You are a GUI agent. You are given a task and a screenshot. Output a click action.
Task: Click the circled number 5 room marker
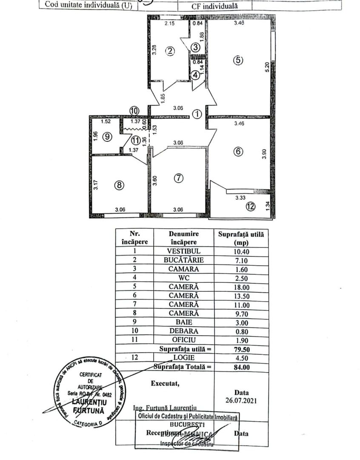[238, 60]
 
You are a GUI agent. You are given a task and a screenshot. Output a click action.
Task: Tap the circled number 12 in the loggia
[251, 207]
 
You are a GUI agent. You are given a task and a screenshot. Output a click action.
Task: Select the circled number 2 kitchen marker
[170, 52]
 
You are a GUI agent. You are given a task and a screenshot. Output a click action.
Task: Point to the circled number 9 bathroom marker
[107, 137]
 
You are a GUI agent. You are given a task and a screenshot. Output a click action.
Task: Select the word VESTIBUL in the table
[184, 251]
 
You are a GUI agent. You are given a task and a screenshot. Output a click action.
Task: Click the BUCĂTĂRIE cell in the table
[184, 260]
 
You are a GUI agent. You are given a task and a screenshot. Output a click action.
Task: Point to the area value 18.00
[241, 287]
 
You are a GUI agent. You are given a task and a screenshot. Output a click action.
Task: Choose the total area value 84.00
[241, 366]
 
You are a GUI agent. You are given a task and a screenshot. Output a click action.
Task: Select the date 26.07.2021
[241, 400]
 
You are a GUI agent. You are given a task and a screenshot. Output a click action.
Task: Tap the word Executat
[165, 383]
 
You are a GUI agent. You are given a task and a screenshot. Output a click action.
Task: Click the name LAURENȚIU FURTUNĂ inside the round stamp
[90, 406]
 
